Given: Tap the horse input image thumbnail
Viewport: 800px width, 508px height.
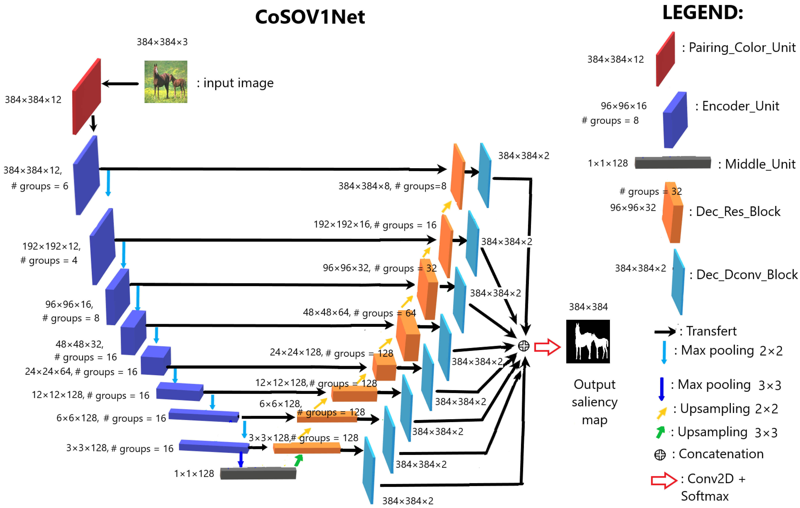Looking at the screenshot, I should click(x=166, y=82).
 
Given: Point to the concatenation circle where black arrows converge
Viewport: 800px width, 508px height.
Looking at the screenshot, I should click(x=524, y=346).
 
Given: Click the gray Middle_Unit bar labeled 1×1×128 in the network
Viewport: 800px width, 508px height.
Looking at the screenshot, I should click(x=258, y=473).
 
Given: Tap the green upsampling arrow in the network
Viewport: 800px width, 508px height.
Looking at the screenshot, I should click(x=299, y=460).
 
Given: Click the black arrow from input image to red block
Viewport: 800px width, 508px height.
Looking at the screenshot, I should click(x=120, y=84).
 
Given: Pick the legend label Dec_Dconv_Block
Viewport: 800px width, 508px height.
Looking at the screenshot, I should click(x=746, y=275).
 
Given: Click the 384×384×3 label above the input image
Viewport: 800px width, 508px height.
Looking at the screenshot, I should click(x=162, y=42).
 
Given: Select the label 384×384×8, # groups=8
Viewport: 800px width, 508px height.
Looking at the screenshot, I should click(x=392, y=186).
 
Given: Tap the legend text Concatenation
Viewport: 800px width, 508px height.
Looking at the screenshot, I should click(x=721, y=454).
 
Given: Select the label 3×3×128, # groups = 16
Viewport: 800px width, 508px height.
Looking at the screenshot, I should click(x=120, y=448).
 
